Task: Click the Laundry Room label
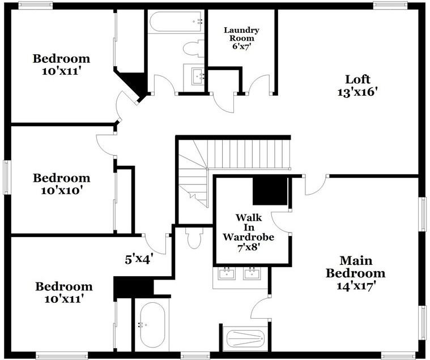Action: (241, 37)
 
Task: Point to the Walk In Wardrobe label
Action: (249, 232)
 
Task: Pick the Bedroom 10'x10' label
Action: (61, 184)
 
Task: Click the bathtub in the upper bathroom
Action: (176, 22)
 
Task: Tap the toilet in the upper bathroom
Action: (193, 48)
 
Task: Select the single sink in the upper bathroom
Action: (197, 75)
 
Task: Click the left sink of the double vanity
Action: (227, 275)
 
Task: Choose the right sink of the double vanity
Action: (252, 275)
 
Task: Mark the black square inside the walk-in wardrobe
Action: (270, 191)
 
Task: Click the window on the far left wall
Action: (7, 177)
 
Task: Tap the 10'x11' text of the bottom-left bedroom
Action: (63, 298)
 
